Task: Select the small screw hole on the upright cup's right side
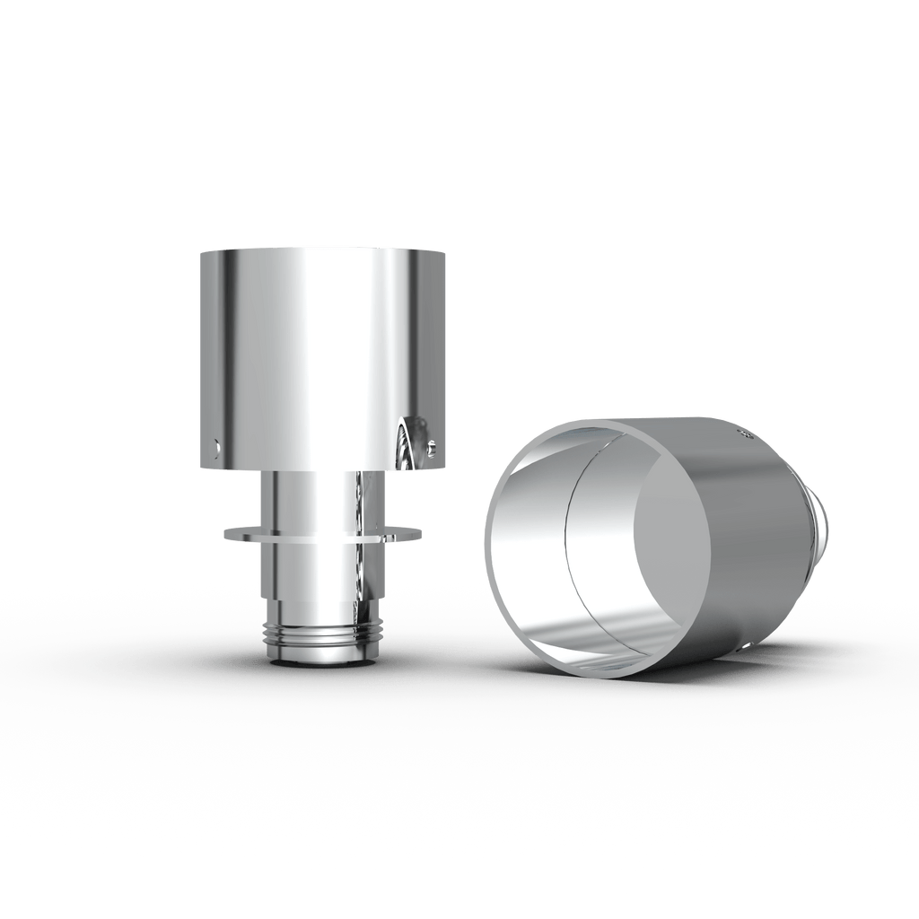[434, 442]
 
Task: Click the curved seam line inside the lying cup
[567, 547]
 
